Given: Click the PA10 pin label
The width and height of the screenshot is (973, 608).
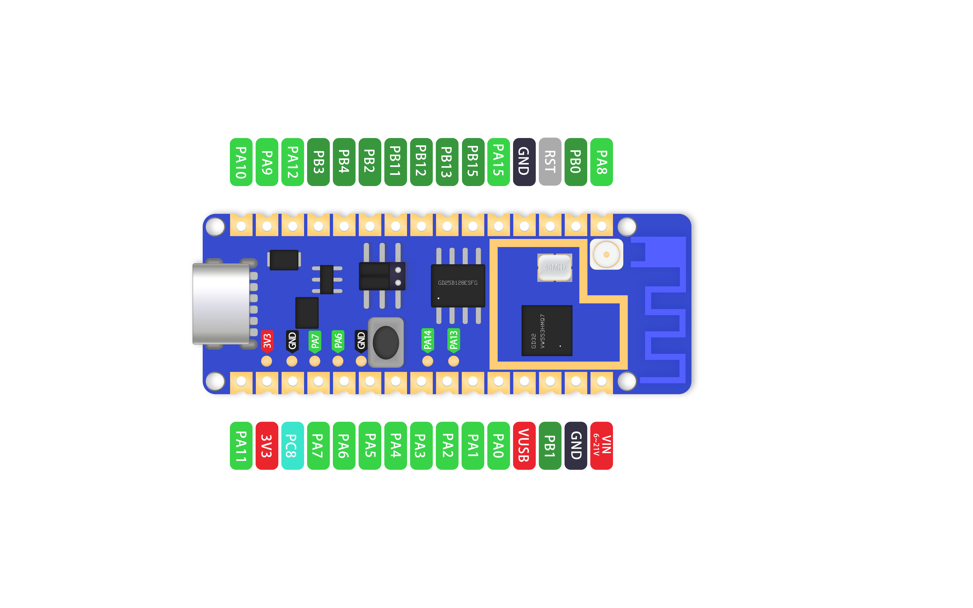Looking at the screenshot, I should click(241, 162).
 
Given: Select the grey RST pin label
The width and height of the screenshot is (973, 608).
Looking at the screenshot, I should click(550, 162).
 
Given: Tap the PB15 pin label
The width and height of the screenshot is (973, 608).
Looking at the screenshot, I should click(473, 162).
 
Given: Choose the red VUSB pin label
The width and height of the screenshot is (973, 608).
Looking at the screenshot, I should click(524, 445).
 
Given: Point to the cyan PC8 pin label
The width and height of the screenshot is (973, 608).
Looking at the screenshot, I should click(292, 445).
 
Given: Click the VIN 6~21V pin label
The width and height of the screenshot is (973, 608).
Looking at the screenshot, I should click(601, 445).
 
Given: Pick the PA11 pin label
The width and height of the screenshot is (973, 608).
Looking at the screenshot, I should click(241, 445).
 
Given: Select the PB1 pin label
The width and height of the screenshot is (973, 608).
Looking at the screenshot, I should click(550, 445).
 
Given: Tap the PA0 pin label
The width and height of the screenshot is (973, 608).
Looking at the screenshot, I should click(498, 445).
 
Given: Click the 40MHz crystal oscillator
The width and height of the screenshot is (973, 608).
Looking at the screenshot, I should click(555, 267).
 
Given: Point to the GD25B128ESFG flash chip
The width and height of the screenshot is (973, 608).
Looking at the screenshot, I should click(458, 286).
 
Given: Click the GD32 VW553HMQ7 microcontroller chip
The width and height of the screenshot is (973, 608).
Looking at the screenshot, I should click(547, 331).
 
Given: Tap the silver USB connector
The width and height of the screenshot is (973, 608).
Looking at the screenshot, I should click(221, 304).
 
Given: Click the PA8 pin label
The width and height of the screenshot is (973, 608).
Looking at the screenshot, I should click(601, 162).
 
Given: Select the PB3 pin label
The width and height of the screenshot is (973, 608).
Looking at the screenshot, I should click(318, 162).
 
